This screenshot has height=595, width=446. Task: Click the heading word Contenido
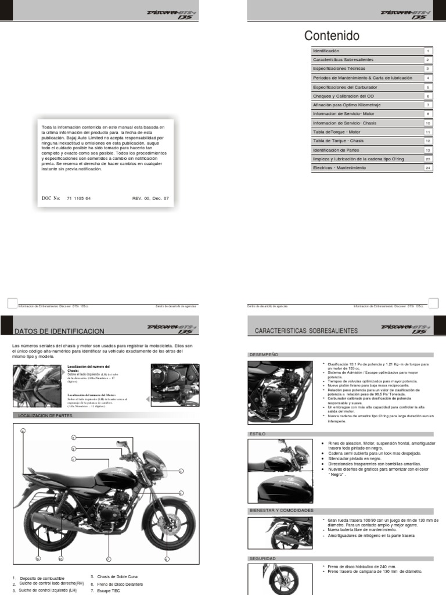332,36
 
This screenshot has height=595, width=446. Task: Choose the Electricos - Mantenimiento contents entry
339,168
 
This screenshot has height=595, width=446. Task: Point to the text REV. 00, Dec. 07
150,198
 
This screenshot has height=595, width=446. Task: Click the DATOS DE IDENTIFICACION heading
59,331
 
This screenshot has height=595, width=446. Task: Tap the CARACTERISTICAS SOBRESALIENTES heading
306,331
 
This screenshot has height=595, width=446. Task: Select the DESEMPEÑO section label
264,354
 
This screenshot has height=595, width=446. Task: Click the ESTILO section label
257,433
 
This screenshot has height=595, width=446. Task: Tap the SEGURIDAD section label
262,558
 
